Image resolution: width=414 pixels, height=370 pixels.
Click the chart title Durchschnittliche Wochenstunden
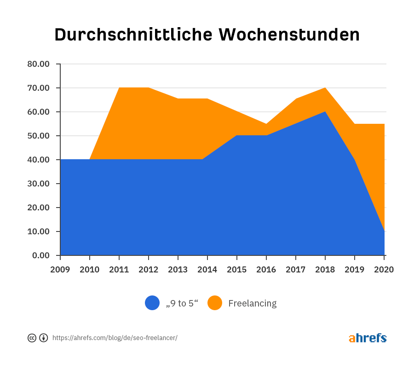click(x=207, y=35)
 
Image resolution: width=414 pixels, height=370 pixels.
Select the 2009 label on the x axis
click(x=60, y=270)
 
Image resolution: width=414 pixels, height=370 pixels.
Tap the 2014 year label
click(x=207, y=270)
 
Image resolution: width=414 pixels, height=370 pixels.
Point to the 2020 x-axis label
click(x=384, y=270)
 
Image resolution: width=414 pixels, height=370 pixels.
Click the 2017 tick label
click(x=296, y=270)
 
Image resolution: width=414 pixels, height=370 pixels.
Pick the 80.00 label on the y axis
click(x=38, y=64)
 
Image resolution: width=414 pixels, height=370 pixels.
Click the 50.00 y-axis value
click(x=38, y=136)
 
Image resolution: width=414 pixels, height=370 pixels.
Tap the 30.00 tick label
click(x=38, y=184)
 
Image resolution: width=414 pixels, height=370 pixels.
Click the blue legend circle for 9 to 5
click(x=152, y=303)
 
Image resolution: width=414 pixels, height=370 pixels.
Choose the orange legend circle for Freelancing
click(x=215, y=303)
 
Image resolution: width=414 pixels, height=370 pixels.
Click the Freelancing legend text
click(x=253, y=303)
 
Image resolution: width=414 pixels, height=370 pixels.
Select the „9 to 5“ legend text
click(x=182, y=303)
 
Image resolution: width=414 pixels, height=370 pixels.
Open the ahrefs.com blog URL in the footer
click(x=115, y=338)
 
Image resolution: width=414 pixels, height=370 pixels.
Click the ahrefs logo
click(x=368, y=338)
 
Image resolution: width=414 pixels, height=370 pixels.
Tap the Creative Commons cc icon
click(x=32, y=338)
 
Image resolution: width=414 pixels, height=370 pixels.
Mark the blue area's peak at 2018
click(x=325, y=112)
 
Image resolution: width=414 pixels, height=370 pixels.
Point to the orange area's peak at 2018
click(x=325, y=88)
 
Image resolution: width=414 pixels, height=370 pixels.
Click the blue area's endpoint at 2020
click(x=384, y=231)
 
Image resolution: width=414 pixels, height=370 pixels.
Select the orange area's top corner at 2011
click(x=120, y=88)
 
